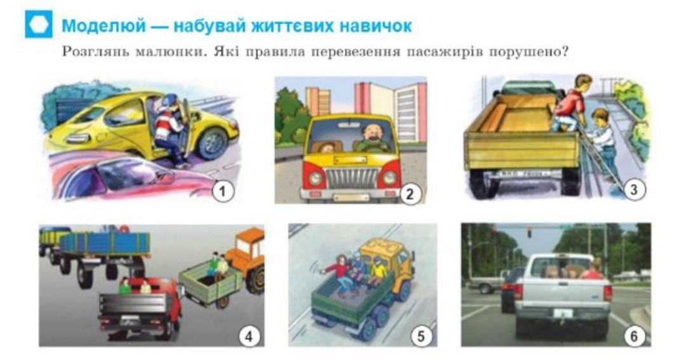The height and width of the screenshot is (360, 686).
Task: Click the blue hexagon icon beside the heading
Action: tap(39, 24)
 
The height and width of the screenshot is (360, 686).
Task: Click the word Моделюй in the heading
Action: tap(104, 26)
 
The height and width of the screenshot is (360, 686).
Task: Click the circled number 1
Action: tap(223, 192)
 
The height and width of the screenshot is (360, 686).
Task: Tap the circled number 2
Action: tap(410, 194)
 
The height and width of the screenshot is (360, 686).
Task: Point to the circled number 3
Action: tap(634, 189)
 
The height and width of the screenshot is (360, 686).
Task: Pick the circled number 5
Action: tap(421, 337)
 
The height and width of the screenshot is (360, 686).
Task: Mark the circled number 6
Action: tap(634, 337)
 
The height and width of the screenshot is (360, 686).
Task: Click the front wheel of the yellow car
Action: tap(212, 143)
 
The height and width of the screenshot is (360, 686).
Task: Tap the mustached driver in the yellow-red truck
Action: tap(372, 138)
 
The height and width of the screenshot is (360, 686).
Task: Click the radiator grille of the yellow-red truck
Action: tap(351, 178)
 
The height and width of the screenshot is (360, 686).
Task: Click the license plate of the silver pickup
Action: tap(563, 313)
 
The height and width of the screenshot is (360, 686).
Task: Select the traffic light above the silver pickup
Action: tap(529, 232)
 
